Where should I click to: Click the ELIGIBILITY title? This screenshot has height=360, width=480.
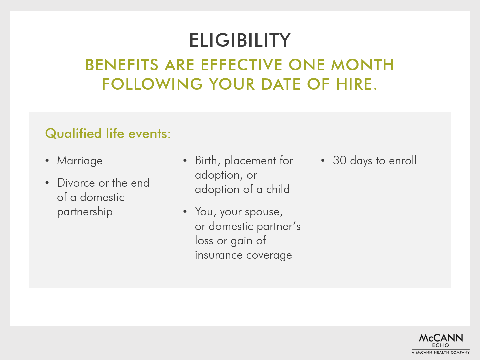240,40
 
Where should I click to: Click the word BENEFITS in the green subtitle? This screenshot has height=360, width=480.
122,65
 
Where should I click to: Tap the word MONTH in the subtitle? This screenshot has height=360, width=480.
363,65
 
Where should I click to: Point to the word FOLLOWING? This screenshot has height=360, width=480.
152,84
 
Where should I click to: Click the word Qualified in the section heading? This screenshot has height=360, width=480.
73,134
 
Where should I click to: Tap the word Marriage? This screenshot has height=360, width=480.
80,161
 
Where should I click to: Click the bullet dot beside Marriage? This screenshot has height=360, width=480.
47,161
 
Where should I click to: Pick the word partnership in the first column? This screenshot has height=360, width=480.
85,212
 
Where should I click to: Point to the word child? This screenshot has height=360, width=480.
278,189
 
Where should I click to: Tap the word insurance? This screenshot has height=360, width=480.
219,255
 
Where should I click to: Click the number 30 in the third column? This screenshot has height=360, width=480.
340,160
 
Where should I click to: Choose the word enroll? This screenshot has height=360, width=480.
403,160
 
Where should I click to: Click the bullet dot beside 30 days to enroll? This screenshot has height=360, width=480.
323,161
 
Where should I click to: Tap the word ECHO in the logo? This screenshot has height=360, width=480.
440,345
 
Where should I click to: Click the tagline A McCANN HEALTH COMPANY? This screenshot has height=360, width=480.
441,352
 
